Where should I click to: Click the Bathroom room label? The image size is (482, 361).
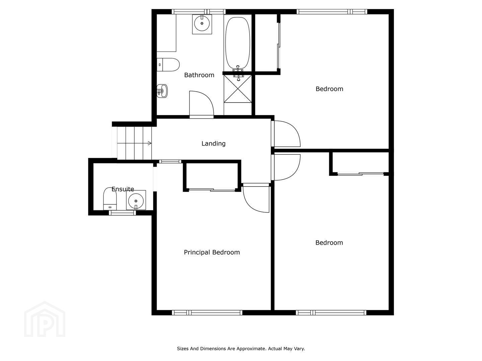[x=199, y=75]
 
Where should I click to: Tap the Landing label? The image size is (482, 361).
[x=214, y=144]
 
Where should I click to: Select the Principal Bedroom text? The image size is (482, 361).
[x=212, y=252]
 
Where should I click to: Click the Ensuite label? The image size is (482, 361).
[x=123, y=189]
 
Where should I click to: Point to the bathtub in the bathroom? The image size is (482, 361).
[x=238, y=43]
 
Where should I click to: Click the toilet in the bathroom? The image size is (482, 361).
[x=168, y=65]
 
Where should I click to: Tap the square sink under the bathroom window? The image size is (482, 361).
[x=202, y=24]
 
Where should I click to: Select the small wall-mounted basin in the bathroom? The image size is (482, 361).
[x=162, y=91]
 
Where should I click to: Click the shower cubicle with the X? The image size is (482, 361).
[x=238, y=89]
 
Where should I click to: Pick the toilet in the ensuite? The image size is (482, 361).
[x=110, y=199]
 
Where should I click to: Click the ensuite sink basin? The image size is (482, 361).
[x=136, y=200]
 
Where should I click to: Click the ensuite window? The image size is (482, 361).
[x=122, y=213]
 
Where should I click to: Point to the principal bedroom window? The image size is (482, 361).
[x=207, y=313]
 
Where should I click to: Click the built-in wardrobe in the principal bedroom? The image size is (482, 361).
[x=212, y=176]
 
